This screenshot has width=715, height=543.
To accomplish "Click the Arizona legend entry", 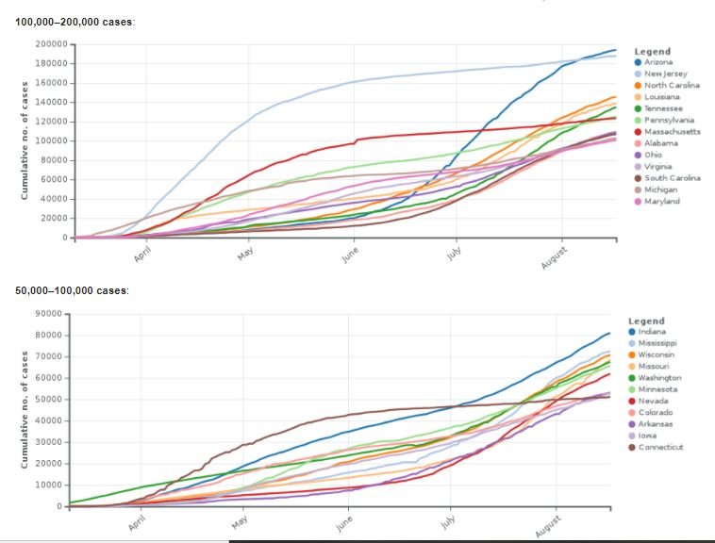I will tap(658, 61).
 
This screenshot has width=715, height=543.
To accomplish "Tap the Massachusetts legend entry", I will tap(672, 132).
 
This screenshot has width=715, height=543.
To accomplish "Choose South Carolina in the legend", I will tap(671, 178).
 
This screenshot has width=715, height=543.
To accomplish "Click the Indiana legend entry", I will tap(652, 332).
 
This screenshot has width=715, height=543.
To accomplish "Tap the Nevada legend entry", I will tap(652, 401).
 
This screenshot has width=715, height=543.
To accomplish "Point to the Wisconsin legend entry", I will tap(657, 354).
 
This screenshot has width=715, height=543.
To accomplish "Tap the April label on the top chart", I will tap(143, 254).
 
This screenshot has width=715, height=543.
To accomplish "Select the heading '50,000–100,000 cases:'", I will tap(73, 289).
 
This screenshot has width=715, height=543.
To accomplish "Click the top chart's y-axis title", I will tap(25, 140).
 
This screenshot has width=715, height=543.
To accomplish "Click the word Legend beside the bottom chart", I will tap(646, 321).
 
